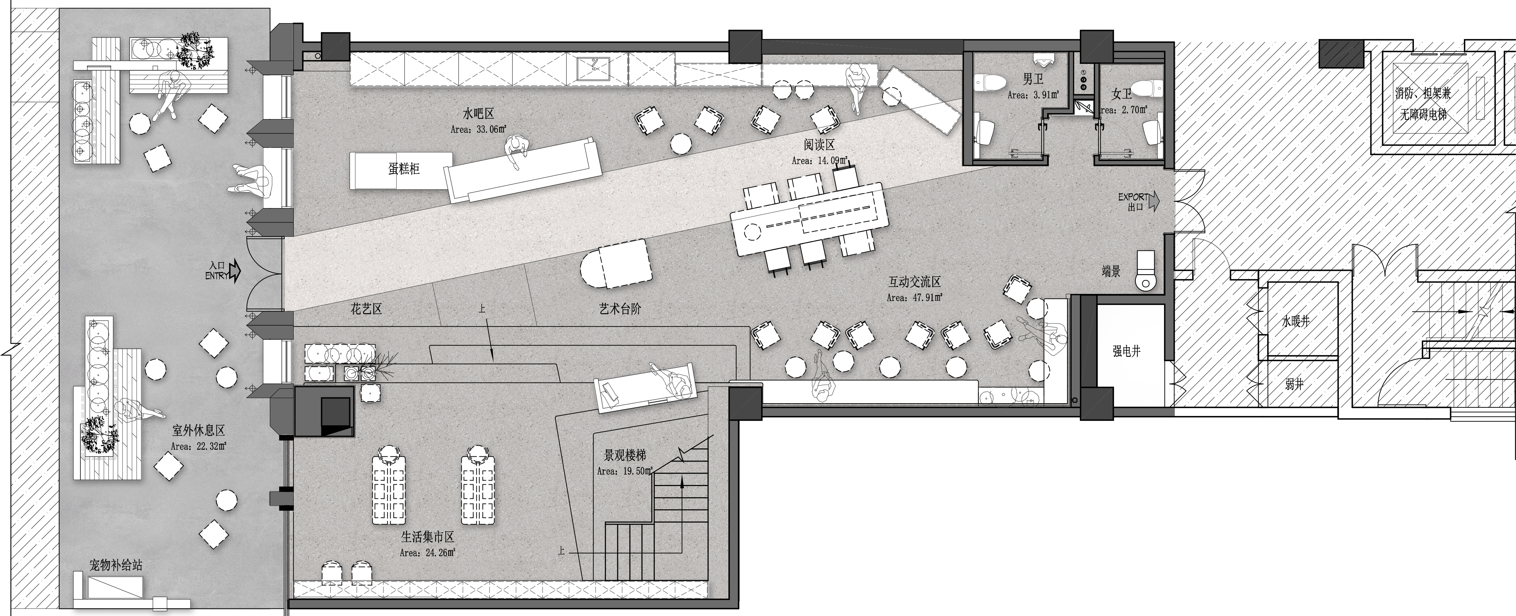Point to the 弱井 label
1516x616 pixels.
point(1294,384)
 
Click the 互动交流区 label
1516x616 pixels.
point(915,282)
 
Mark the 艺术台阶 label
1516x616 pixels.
point(620,309)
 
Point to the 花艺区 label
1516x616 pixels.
point(367,309)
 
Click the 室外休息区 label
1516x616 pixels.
point(199,431)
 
